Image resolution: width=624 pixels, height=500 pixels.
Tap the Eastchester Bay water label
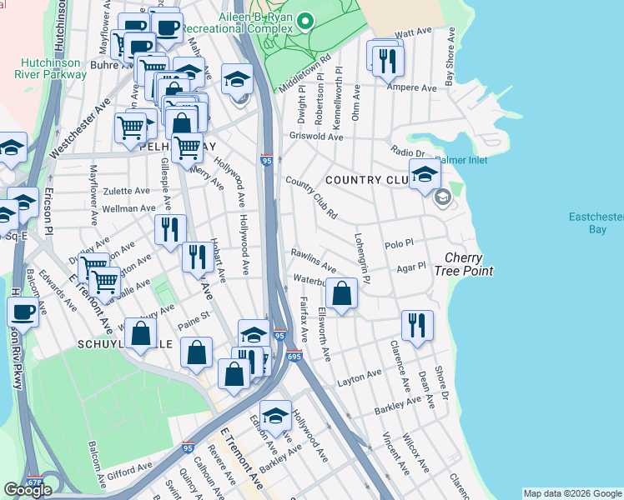pos(596,222)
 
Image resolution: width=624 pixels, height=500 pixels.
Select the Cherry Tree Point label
pos(468,264)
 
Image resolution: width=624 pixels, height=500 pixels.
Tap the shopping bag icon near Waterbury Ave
pos(341,294)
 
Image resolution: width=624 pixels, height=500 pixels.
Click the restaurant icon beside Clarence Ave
pos(416,326)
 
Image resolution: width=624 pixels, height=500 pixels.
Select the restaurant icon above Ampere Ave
pos(388,60)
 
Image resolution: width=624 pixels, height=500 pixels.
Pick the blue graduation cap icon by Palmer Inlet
pos(424,174)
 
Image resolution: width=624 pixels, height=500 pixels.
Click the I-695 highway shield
pos(294,355)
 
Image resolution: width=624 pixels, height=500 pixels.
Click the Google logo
pos(28,490)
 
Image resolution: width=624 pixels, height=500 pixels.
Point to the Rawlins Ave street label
pos(313,259)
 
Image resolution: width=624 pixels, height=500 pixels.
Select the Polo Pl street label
pos(399,244)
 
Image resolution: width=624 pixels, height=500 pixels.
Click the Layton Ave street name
pos(359,379)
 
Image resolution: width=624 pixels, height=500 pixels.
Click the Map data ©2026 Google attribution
pos(572,493)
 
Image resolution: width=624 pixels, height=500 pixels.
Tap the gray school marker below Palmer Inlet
pos(442,197)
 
